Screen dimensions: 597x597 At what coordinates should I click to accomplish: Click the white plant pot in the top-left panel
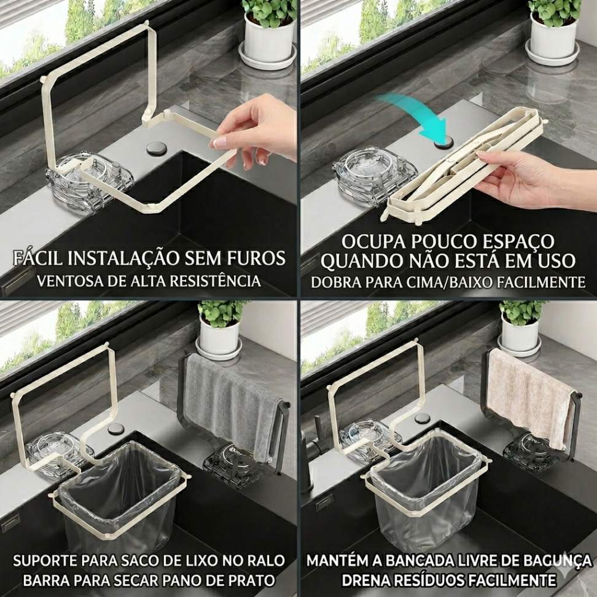point(269,38)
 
